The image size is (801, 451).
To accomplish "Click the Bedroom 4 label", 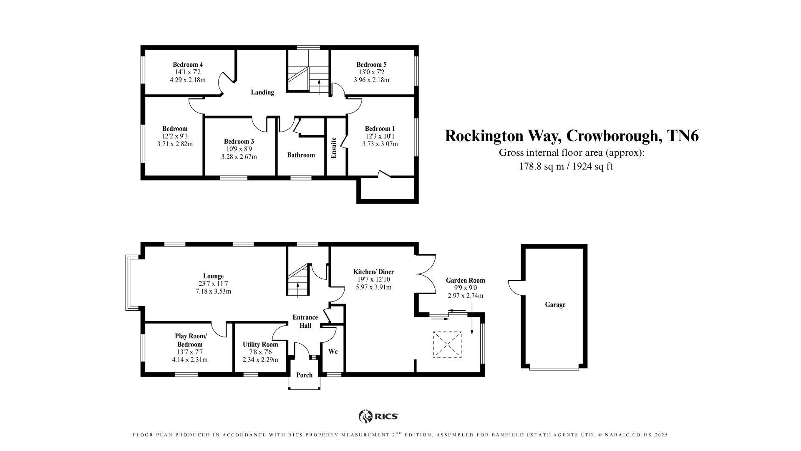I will click(x=188, y=65).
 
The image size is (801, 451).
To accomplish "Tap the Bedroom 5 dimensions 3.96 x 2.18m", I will click(x=371, y=80).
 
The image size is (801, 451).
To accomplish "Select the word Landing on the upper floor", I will click(x=262, y=92).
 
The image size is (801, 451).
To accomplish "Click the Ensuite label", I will click(x=334, y=148).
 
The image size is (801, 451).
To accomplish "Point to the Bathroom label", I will click(x=301, y=155).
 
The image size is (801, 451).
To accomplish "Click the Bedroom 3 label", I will click(x=239, y=142).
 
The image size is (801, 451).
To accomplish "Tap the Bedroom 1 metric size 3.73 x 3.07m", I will click(x=380, y=144).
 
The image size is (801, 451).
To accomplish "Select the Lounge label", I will click(x=213, y=276).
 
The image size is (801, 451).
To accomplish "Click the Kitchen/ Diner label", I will click(x=373, y=272).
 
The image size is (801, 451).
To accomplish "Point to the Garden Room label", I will click(x=465, y=281).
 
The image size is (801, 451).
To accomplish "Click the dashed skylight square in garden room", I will click(x=447, y=345).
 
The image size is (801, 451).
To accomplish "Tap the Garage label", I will click(x=555, y=305).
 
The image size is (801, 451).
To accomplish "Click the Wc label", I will click(x=333, y=352).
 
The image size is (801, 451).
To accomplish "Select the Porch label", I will click(x=304, y=375).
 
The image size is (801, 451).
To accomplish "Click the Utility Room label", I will click(x=260, y=345).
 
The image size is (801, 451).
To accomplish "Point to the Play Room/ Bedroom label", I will click(x=190, y=340).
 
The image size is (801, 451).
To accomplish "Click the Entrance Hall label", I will click(x=305, y=321).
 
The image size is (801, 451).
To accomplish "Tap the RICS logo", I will click(x=378, y=416).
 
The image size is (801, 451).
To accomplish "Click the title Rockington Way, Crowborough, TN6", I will click(x=572, y=136).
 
